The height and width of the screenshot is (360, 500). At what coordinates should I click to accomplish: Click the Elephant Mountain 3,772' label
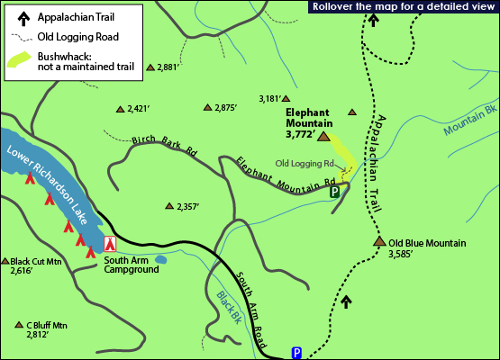click(309, 123)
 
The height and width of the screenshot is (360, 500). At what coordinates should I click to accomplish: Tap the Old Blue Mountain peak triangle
click(379, 242)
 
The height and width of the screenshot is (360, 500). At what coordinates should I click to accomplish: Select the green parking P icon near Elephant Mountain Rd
click(334, 192)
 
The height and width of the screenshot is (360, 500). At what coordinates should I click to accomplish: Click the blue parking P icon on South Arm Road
click(296, 353)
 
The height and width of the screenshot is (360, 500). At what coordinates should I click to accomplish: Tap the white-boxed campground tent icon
click(111, 243)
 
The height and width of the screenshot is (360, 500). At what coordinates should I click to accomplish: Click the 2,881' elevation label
click(168, 67)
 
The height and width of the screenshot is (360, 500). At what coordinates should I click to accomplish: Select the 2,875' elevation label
click(225, 108)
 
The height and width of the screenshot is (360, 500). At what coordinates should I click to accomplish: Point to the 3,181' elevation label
click(269, 98)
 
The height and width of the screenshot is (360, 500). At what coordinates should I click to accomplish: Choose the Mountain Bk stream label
click(471, 121)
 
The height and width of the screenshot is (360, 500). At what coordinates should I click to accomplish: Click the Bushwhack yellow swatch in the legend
click(19, 61)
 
